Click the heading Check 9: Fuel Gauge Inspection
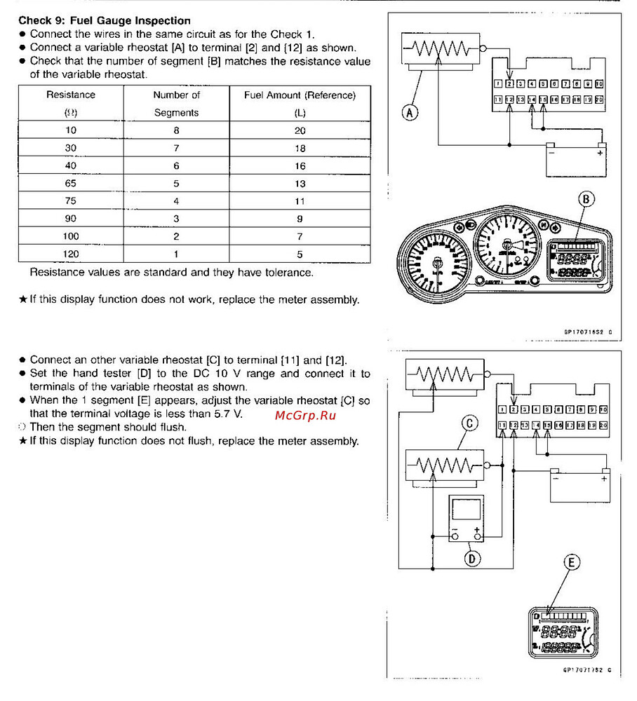click(104, 21)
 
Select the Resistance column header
click(71, 95)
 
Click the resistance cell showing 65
click(71, 184)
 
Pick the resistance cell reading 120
click(71, 254)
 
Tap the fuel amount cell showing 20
click(300, 131)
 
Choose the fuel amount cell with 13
click(300, 184)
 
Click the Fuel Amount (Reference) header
click(300, 95)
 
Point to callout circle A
click(411, 111)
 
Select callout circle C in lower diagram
click(469, 423)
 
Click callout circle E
click(572, 563)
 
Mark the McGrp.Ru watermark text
click(306, 416)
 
